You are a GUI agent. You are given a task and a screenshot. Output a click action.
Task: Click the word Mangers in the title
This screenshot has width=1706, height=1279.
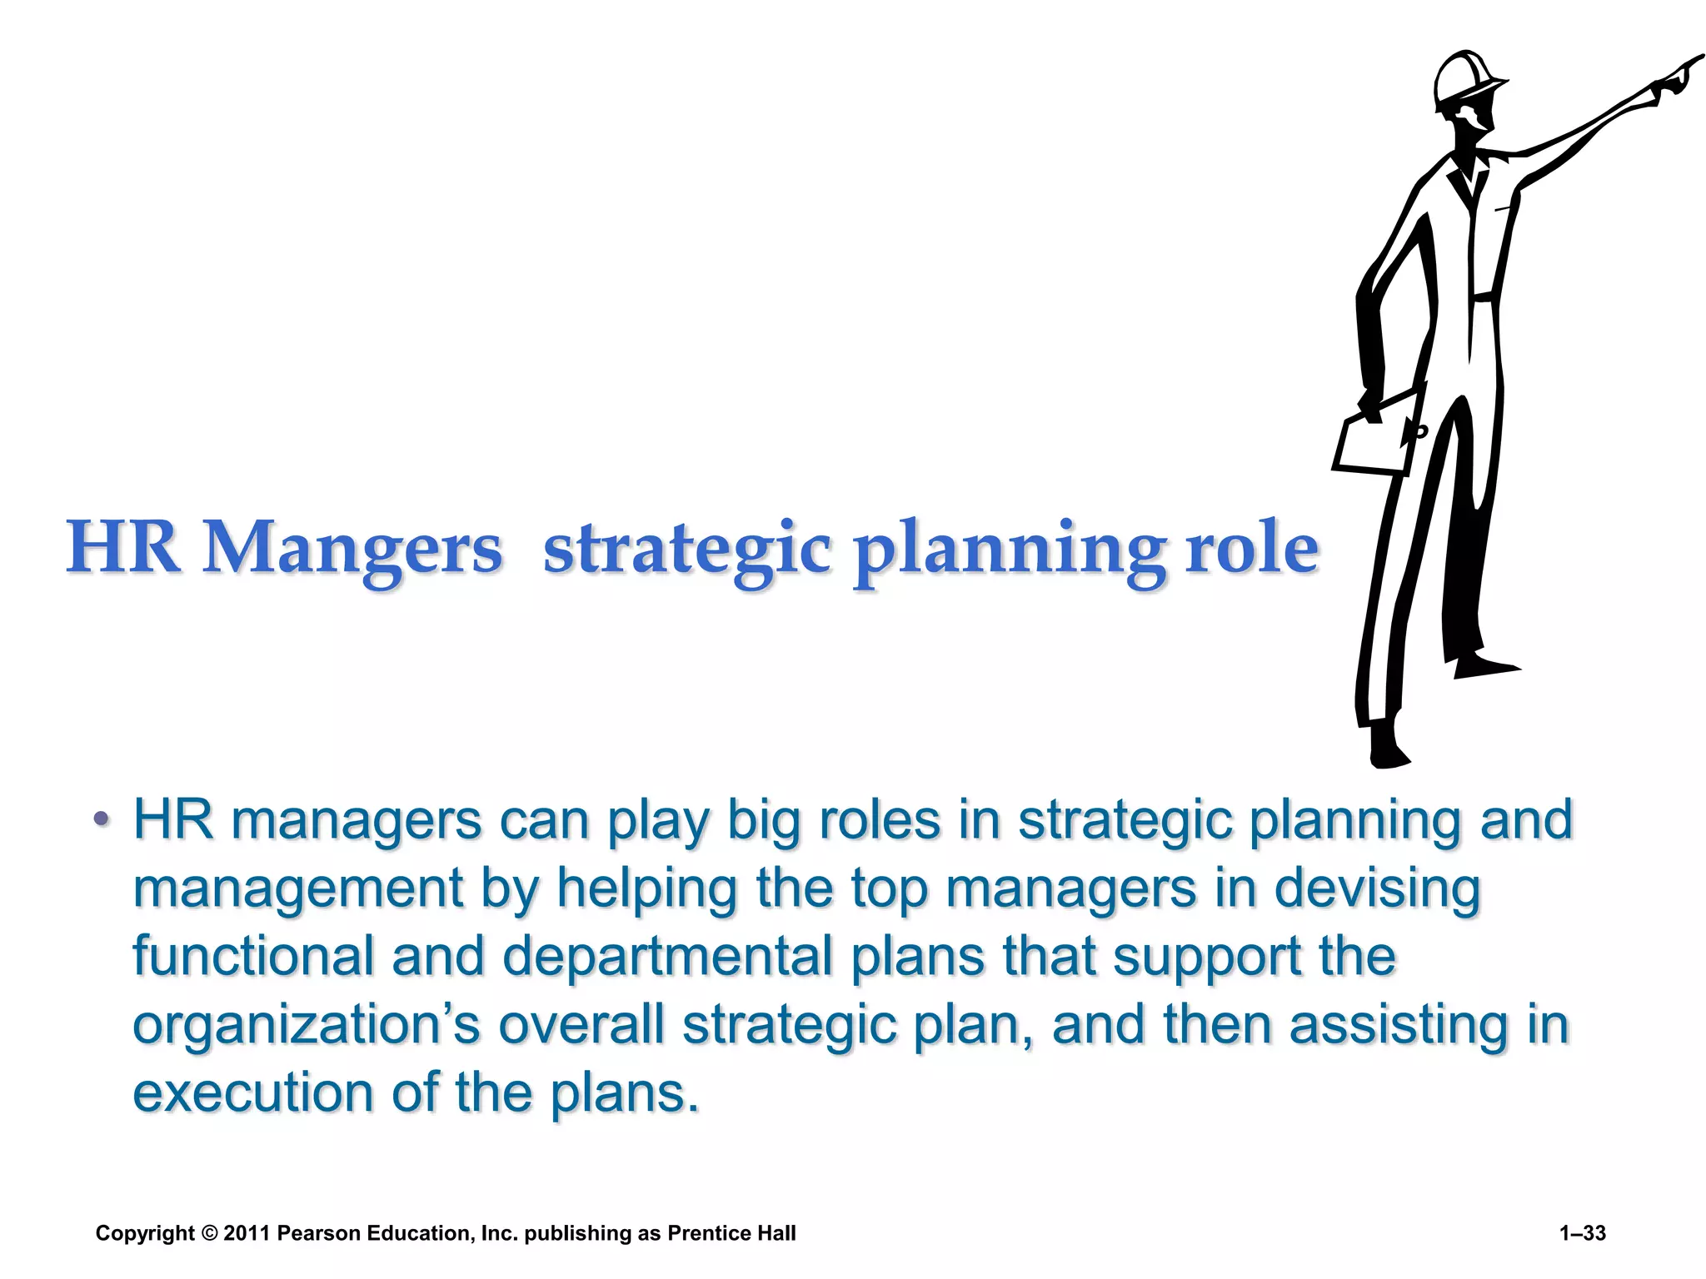point(353,548)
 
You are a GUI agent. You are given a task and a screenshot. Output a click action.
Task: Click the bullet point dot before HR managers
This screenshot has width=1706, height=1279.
point(101,819)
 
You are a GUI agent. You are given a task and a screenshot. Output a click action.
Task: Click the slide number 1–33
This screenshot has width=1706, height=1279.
point(1582,1233)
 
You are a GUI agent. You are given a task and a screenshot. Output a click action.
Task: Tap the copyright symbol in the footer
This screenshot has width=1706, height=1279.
point(208,1233)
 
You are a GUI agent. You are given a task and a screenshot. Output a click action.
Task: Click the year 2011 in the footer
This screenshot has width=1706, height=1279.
point(247,1233)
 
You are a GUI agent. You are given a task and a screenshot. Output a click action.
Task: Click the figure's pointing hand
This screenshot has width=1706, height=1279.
point(1674,79)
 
